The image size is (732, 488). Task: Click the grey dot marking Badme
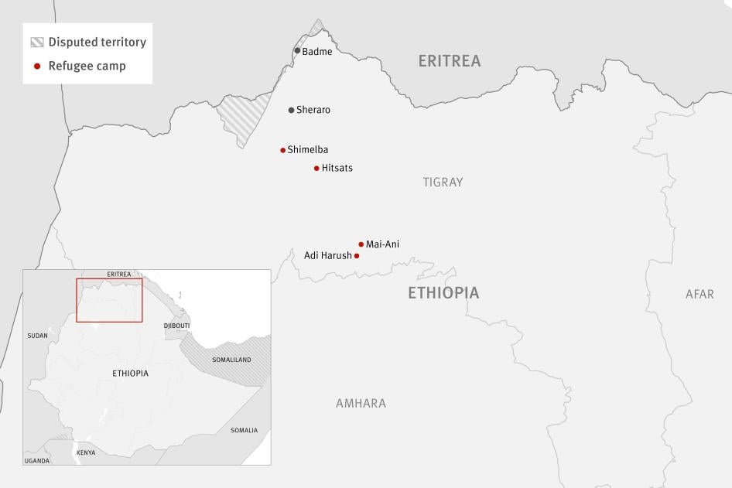297,51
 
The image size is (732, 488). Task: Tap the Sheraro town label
313,110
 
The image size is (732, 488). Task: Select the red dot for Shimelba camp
283,150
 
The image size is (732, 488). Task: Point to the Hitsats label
337,168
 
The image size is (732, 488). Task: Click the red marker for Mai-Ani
361,244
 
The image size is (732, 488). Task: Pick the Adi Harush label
327,255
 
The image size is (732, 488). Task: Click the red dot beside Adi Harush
357,256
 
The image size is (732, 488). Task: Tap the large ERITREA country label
449,61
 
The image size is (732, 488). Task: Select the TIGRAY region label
443,183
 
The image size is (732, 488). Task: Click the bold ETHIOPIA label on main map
443,293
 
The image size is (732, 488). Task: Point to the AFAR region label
700,294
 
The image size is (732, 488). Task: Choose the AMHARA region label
361,404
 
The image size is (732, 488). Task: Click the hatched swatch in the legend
37,43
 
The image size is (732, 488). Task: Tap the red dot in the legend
37,67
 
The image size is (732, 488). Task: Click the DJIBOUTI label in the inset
176,326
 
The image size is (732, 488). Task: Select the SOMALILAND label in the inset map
232,360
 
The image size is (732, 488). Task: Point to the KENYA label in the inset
86,452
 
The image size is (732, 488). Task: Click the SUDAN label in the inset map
37,336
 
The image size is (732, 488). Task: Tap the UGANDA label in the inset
36,461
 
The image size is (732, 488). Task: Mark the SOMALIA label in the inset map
244,430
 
